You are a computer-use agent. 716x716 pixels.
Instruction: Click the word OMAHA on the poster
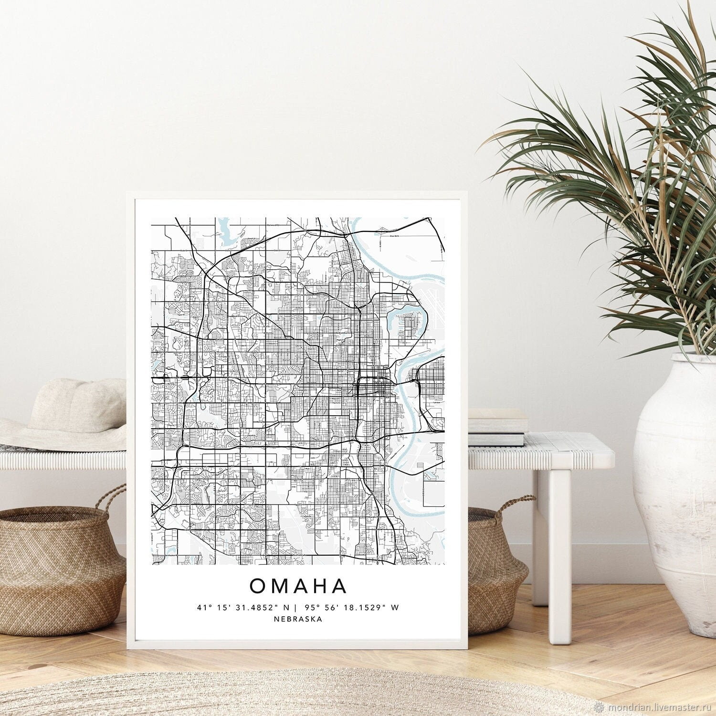pos(298,586)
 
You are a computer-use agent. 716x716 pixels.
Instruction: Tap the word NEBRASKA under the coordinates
pos(298,619)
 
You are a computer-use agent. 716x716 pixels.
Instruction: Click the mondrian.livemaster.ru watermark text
pos(661,706)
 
